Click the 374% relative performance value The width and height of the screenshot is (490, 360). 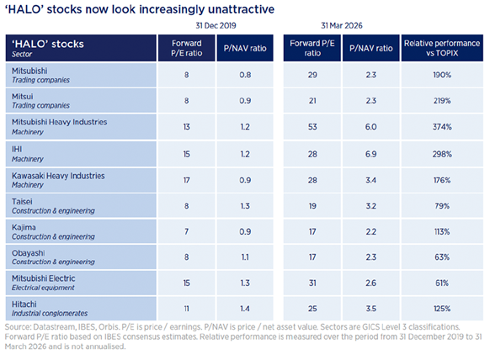[442, 127]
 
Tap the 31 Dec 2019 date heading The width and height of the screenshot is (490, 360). [216, 25]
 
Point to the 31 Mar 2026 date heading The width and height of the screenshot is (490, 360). [342, 25]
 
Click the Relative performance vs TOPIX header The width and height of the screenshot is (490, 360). [442, 48]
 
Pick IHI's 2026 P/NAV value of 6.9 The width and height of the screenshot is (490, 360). [371, 154]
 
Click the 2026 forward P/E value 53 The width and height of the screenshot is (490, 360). [312, 127]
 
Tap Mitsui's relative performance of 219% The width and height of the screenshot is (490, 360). [442, 101]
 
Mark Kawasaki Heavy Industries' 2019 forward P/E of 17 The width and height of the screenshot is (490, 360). [187, 181]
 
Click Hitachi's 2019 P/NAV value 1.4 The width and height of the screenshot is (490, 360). [245, 309]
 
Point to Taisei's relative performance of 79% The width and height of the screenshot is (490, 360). [442, 206]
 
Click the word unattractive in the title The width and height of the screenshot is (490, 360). [241, 9]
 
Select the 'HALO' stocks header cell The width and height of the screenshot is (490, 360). [81, 48]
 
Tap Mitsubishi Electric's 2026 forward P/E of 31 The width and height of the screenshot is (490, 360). [312, 283]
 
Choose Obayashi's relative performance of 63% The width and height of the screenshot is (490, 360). [442, 257]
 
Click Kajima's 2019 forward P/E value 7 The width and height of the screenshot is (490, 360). [187, 231]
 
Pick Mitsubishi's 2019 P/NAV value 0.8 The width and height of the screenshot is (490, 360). [245, 75]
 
